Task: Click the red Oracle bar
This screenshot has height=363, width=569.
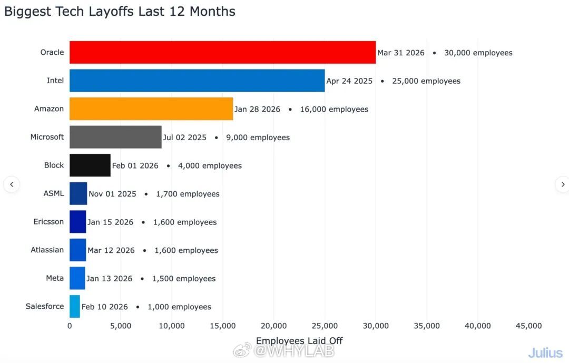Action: pos(222,52)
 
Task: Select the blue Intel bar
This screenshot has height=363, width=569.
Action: pos(197,81)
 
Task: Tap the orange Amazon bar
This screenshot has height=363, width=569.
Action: pos(151,109)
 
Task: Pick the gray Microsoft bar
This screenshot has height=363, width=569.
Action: pos(115,137)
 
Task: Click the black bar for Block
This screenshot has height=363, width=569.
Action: pos(90,165)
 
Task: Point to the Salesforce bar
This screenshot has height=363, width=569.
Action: pos(75,306)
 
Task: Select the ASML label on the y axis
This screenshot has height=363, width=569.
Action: pos(54,193)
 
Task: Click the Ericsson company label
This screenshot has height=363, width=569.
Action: pos(48,222)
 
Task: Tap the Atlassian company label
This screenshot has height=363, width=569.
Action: pos(47,250)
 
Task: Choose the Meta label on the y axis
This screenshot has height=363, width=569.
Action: pos(55,278)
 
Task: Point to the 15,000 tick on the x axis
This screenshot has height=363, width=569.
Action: pos(223,326)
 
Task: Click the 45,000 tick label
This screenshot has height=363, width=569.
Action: pos(528,326)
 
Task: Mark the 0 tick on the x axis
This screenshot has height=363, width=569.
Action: pos(70,326)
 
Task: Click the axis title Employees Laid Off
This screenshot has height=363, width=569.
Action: pos(299,341)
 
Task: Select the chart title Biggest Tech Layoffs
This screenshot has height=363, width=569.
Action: pos(120,12)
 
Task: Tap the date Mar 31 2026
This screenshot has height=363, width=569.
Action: pos(401,53)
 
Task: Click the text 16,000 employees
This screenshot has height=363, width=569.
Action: pos(334,109)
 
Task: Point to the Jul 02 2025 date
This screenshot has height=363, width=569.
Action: pos(184,138)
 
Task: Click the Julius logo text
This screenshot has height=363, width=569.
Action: pos(545,352)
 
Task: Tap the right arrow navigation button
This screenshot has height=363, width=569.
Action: pos(562,184)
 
